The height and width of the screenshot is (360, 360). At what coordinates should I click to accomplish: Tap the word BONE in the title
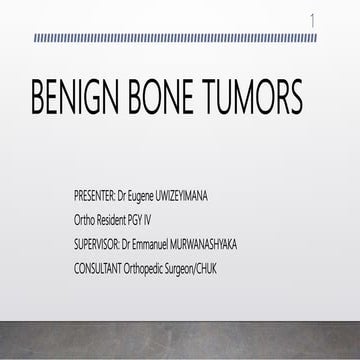tap(177, 100)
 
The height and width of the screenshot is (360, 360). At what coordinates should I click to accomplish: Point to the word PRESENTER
tap(101, 190)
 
